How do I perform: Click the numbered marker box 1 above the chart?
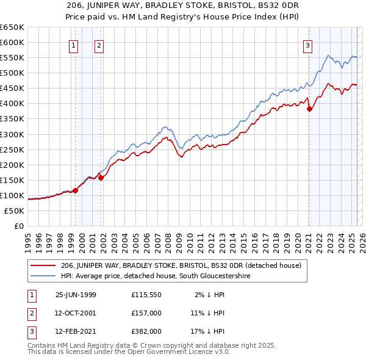[x=73, y=45]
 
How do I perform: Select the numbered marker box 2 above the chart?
[x=98, y=45]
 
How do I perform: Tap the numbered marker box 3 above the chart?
[x=307, y=45]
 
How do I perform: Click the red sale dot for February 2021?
[x=309, y=109]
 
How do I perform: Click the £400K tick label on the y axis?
[x=12, y=103]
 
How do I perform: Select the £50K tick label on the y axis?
[x=14, y=211]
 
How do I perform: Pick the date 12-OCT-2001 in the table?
[x=76, y=313]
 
